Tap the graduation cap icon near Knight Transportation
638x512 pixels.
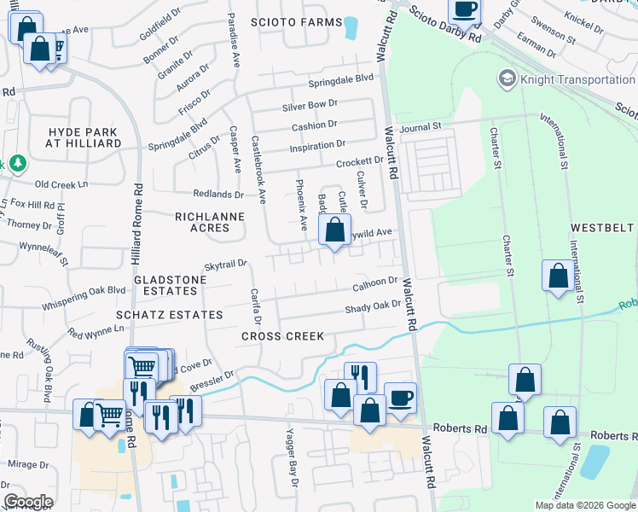[x=507, y=79]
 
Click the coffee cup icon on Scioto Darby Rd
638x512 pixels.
[x=464, y=9]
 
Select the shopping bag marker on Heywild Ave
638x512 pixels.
[x=335, y=230]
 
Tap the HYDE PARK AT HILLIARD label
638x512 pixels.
[x=84, y=137]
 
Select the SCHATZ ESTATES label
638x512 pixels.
[x=177, y=315]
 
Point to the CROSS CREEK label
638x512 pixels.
[x=282, y=336]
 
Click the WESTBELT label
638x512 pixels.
[x=604, y=228]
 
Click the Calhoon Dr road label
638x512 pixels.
[x=375, y=281]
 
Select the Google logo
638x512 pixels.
[x=29, y=501]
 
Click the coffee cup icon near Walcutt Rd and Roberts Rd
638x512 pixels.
[x=400, y=397]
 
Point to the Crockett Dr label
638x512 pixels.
[x=359, y=161]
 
